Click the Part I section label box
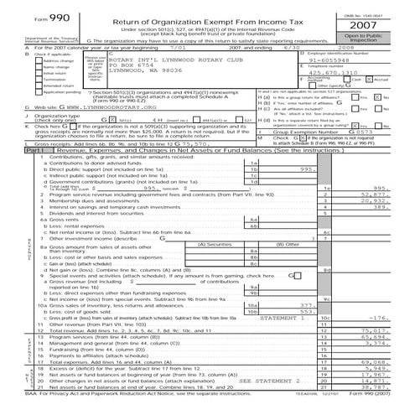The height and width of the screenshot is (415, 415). [x=19, y=174]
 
